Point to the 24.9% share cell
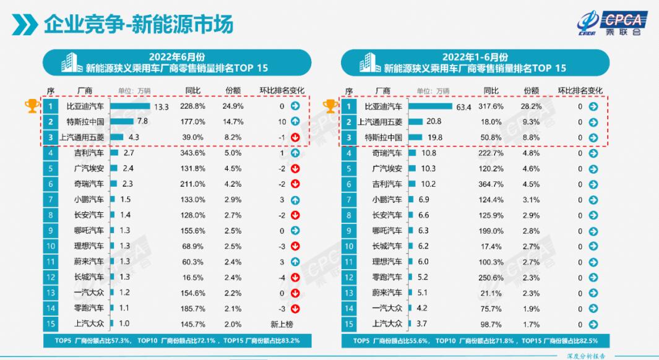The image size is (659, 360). point(233,106)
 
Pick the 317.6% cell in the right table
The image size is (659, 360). point(492,106)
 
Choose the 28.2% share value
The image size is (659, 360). point(532,106)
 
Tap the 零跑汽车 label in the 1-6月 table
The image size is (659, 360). point(387,276)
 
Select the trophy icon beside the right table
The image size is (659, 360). point(331,106)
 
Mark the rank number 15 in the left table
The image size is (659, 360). point(51,324)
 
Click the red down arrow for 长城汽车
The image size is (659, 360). point(295,276)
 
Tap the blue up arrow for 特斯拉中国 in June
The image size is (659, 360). point(295,121)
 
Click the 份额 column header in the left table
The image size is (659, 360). point(233,91)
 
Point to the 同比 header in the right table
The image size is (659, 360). point(492,91)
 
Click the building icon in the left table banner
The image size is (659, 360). point(69,62)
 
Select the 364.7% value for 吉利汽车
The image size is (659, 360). point(492,184)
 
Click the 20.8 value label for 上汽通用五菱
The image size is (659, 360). point(434,122)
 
